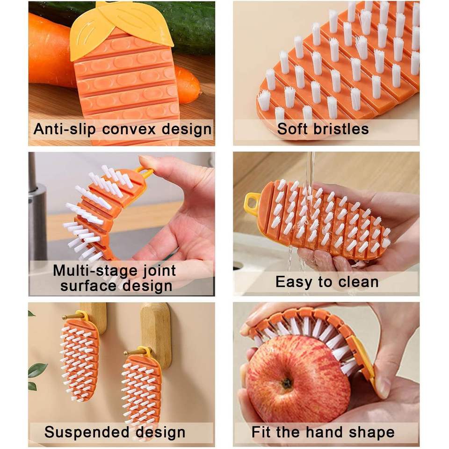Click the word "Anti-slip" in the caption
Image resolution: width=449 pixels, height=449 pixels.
tap(64, 129)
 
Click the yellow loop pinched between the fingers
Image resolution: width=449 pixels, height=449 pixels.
tap(145, 172)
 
